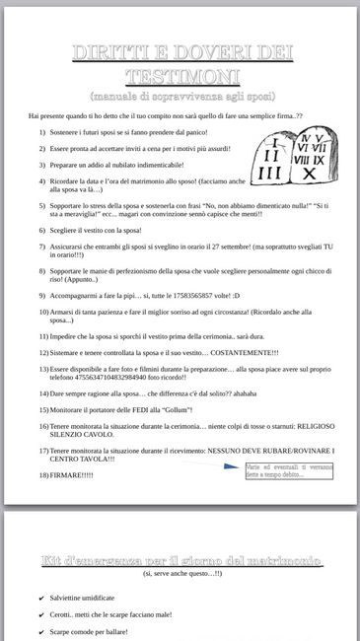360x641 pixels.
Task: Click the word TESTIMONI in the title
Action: (180, 76)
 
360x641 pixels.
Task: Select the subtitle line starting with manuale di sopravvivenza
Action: (180, 97)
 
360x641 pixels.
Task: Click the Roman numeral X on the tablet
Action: (310, 174)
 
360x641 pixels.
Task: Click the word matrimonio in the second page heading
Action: (280, 560)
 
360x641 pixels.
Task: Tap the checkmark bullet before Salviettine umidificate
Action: (40, 598)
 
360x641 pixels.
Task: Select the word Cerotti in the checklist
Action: (62, 614)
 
